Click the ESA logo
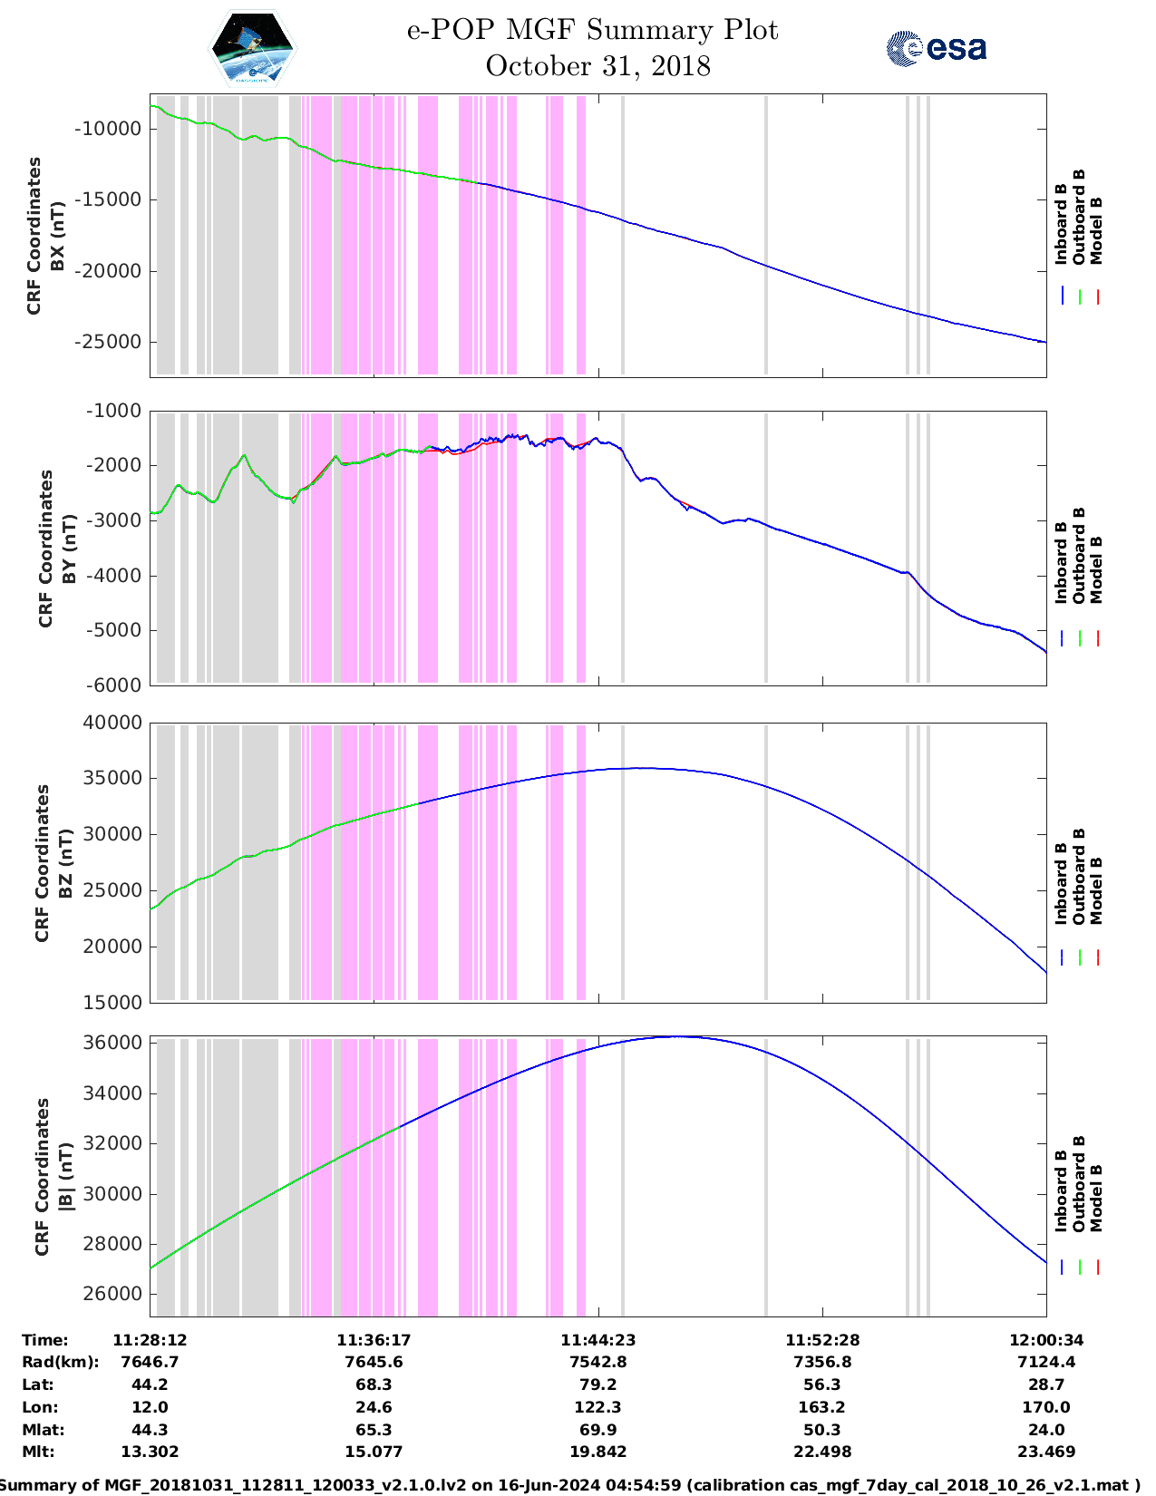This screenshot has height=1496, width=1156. [x=937, y=48]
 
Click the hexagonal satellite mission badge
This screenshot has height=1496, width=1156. [x=252, y=47]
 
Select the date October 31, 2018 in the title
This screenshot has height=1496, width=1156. [x=597, y=66]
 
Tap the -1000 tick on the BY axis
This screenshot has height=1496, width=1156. [x=113, y=411]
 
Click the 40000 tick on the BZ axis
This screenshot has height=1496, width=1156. [x=113, y=723]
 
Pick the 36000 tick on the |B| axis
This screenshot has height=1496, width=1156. [x=113, y=1043]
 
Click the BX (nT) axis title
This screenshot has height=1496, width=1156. [x=58, y=236]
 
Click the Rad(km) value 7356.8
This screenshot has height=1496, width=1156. [x=822, y=1362]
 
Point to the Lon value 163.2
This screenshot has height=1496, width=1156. [x=822, y=1407]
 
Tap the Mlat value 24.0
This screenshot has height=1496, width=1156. [x=1046, y=1430]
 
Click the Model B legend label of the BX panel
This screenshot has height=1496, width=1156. [x=1096, y=230]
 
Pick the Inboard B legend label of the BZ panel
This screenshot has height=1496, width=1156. [x=1061, y=884]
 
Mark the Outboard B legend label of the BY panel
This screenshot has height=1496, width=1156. [x=1079, y=555]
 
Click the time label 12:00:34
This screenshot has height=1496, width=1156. [x=1046, y=1340]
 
